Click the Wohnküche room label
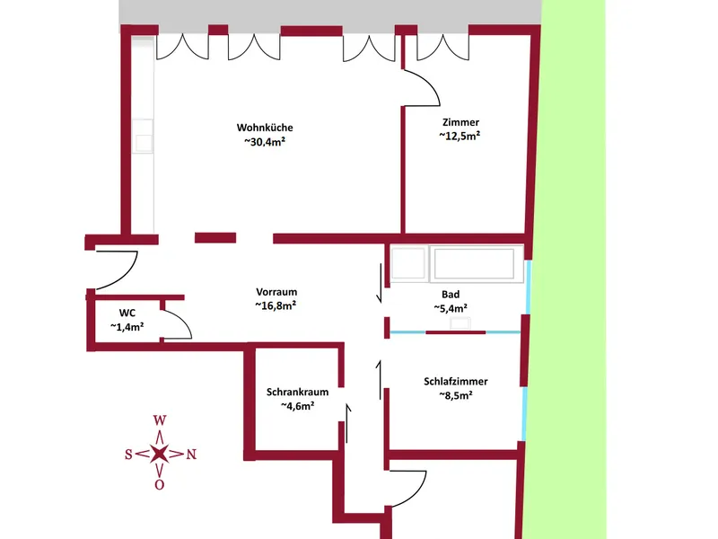pyautogui.click(x=265, y=128)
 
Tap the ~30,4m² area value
pyautogui.click(x=265, y=142)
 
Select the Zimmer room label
pyautogui.click(x=460, y=122)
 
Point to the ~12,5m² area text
pyautogui.click(x=460, y=136)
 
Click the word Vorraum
pyautogui.click(x=276, y=292)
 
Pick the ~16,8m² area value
pyautogui.click(x=276, y=305)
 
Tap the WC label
pyautogui.click(x=127, y=313)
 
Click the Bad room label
pyautogui.click(x=451, y=295)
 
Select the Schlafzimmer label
pyautogui.click(x=456, y=381)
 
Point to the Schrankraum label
pyautogui.click(x=298, y=392)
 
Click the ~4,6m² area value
pyautogui.click(x=298, y=406)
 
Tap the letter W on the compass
pyautogui.click(x=160, y=420)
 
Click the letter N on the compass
pyautogui.click(x=191, y=455)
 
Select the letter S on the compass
pyautogui.click(x=128, y=455)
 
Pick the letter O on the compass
pyautogui.click(x=160, y=484)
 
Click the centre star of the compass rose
pyautogui.click(x=160, y=454)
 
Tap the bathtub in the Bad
pyautogui.click(x=474, y=263)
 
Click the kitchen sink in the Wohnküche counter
pyautogui.click(x=143, y=137)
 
